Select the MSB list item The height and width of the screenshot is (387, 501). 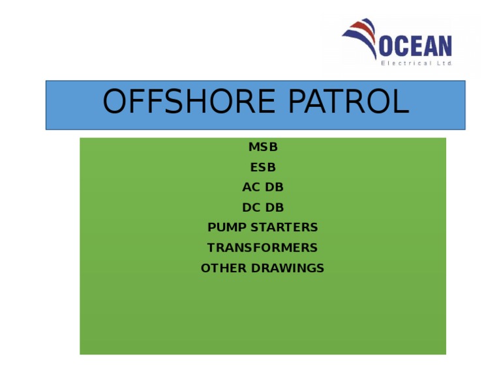tap(263, 147)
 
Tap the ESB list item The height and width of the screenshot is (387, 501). tap(263, 167)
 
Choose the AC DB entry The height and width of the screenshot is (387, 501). tap(263, 188)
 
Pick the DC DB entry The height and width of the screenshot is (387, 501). tap(263, 208)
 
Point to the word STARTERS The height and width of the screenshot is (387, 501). tap(284, 227)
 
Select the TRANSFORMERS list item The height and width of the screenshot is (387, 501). tap(262, 248)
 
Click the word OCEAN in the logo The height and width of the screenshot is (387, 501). tap(416, 46)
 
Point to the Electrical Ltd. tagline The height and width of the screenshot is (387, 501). tap(416, 63)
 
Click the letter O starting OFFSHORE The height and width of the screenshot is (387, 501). tap(116, 102)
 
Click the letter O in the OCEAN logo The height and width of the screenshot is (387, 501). tap(387, 46)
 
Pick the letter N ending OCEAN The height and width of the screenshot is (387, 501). tap(444, 46)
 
